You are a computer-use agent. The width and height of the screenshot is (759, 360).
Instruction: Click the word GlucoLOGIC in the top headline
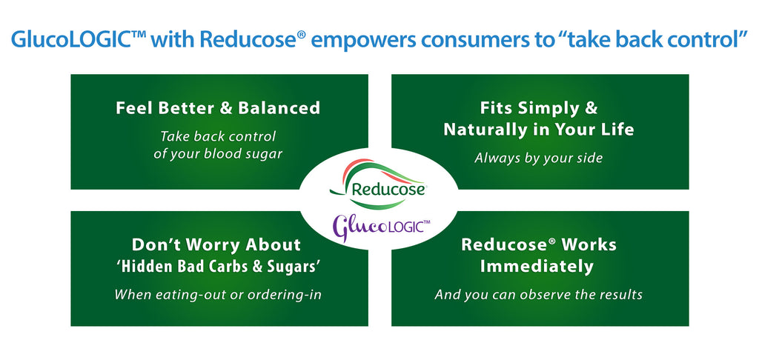click(x=67, y=39)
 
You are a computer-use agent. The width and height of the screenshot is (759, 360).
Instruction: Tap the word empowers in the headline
click(x=351, y=39)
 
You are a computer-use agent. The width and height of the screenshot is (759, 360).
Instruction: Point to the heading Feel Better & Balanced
click(x=218, y=108)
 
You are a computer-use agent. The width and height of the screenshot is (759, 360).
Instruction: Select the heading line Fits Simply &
click(x=539, y=108)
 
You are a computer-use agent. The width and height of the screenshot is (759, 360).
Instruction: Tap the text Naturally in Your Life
click(x=539, y=130)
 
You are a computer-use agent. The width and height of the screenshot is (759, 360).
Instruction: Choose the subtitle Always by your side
click(x=539, y=158)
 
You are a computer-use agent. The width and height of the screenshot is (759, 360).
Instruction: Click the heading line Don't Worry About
click(x=216, y=244)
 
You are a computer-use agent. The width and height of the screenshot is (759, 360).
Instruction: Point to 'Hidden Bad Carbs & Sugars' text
click(x=216, y=266)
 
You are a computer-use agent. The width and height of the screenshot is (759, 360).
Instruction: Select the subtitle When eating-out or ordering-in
click(x=218, y=294)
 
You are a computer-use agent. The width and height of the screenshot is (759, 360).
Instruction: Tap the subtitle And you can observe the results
click(x=539, y=294)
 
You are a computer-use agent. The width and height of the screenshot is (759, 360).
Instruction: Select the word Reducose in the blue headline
click(x=245, y=39)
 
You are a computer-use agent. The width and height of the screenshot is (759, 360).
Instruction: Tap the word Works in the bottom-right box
click(x=587, y=244)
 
